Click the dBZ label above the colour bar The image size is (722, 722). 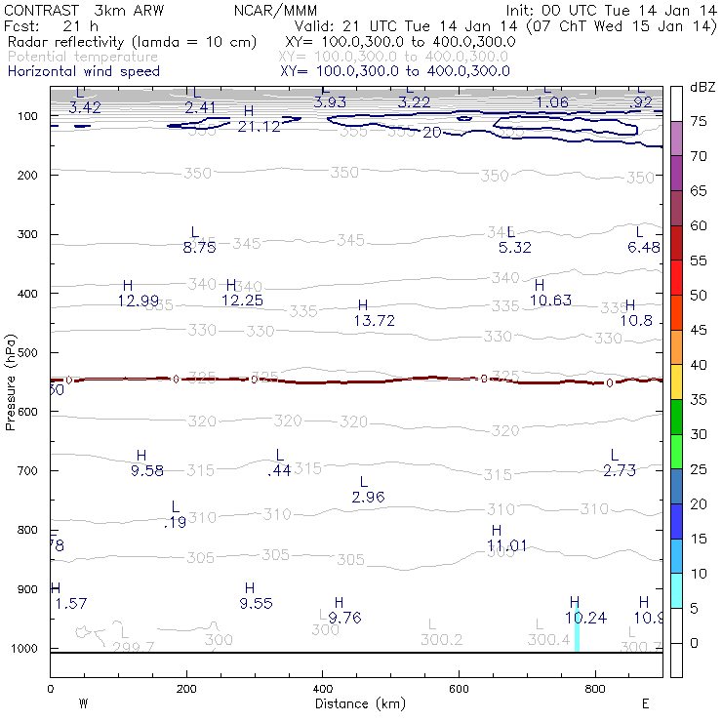pyautogui.click(x=702, y=87)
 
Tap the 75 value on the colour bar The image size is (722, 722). pyautogui.click(x=699, y=121)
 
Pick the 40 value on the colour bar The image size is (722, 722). pyautogui.click(x=699, y=365)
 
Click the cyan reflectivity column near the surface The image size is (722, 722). pyautogui.click(x=577, y=625)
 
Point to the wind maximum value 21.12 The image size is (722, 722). pyautogui.click(x=259, y=127)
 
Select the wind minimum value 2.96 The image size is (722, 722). pyautogui.click(x=368, y=498)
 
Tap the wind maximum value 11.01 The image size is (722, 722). pyautogui.click(x=507, y=545)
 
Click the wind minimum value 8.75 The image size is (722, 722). pyautogui.click(x=199, y=248)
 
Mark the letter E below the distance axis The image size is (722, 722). pyautogui.click(x=645, y=702)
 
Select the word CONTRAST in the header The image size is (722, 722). pyautogui.click(x=42, y=10)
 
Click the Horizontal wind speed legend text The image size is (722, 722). pyautogui.click(x=83, y=71)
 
